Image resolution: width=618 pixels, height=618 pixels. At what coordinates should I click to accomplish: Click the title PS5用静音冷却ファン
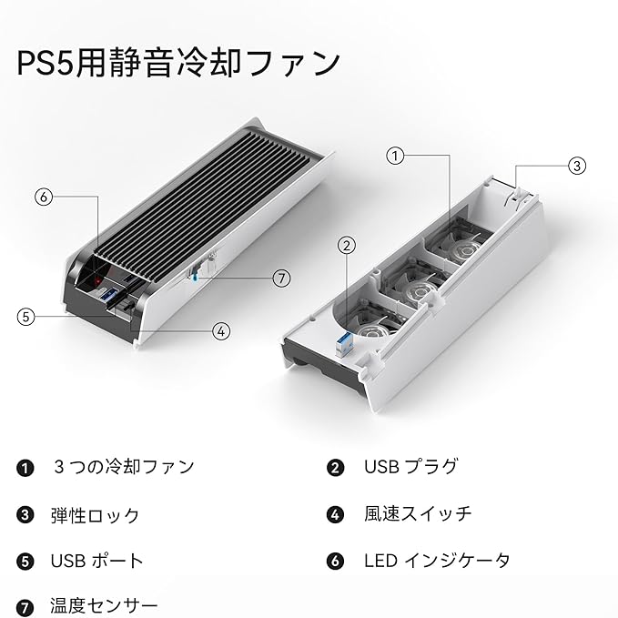pyautogui.click(x=179, y=64)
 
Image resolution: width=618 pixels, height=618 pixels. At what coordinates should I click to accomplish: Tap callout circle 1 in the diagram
pyautogui.click(x=394, y=156)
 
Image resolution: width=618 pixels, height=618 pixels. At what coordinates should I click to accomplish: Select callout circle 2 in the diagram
pyautogui.click(x=345, y=244)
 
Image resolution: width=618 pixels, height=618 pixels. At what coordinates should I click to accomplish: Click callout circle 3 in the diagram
pyautogui.click(x=576, y=166)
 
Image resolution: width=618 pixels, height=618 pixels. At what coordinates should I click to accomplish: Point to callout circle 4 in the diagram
pyautogui.click(x=221, y=331)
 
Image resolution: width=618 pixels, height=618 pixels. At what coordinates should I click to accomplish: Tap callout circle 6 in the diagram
pyautogui.click(x=43, y=196)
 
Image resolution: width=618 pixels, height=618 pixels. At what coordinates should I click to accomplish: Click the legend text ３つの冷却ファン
pyautogui.click(x=123, y=467)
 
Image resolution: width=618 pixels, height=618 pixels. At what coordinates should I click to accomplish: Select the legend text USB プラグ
pyautogui.click(x=410, y=467)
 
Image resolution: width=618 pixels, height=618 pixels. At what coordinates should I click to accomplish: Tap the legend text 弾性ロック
pyautogui.click(x=95, y=515)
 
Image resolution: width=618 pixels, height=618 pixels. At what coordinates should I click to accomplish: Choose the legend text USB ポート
pyautogui.click(x=96, y=561)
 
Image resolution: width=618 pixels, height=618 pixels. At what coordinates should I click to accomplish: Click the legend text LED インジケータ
pyautogui.click(x=437, y=561)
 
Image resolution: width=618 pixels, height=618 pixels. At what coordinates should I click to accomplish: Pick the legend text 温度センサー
pyautogui.click(x=104, y=605)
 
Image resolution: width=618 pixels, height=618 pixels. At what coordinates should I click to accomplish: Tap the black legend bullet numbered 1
pyautogui.click(x=25, y=468)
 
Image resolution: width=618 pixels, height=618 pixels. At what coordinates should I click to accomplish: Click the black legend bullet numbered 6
pyautogui.click(x=336, y=562)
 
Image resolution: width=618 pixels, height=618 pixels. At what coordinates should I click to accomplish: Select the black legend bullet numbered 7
pyautogui.click(x=25, y=606)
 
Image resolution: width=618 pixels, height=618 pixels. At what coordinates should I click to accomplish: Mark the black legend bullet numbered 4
pyautogui.click(x=336, y=515)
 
